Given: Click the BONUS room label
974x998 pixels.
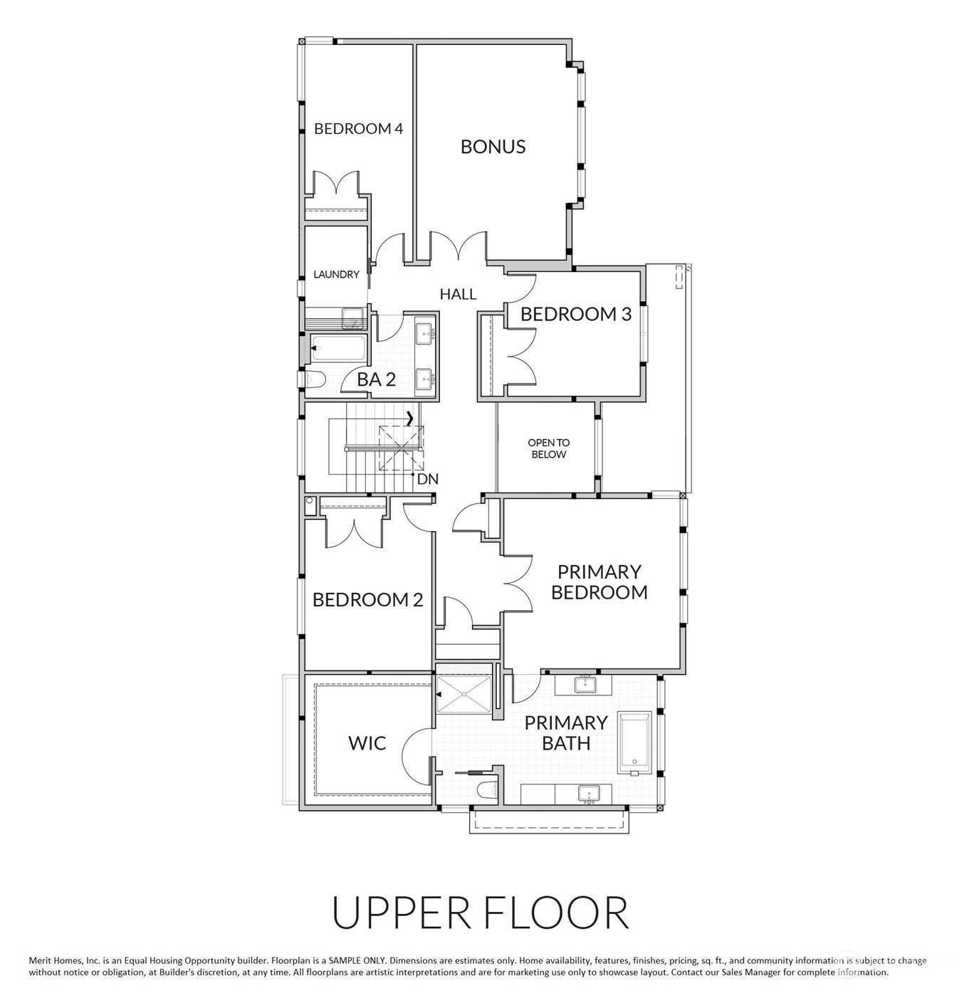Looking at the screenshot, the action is [493, 147].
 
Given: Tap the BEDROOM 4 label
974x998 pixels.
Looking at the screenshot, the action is [359, 128].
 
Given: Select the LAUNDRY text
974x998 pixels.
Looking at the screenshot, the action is [337, 274].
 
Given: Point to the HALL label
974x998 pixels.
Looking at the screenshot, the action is [458, 294].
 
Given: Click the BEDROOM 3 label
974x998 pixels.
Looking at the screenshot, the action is [576, 314].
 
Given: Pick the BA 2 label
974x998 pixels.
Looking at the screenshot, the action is [377, 379].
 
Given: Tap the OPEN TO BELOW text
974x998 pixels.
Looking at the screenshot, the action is [548, 448].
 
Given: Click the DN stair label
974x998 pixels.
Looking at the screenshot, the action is [428, 479].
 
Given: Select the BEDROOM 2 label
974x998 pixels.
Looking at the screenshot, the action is [368, 599].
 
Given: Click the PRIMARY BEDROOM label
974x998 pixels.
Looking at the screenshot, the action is [599, 582].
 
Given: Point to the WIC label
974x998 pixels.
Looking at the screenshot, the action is [367, 743].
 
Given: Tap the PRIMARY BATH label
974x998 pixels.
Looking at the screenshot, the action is [566, 733].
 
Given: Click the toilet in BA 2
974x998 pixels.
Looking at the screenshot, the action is [313, 379].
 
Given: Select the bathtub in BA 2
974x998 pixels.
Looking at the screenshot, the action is [337, 348].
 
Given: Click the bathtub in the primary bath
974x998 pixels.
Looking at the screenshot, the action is [635, 743].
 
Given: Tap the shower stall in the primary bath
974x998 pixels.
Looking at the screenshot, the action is [464, 694].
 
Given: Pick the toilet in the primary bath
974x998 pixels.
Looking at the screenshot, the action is [487, 790].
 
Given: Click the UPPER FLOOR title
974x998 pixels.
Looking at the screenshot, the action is [481, 913].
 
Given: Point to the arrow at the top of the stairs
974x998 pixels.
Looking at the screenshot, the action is [409, 419].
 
